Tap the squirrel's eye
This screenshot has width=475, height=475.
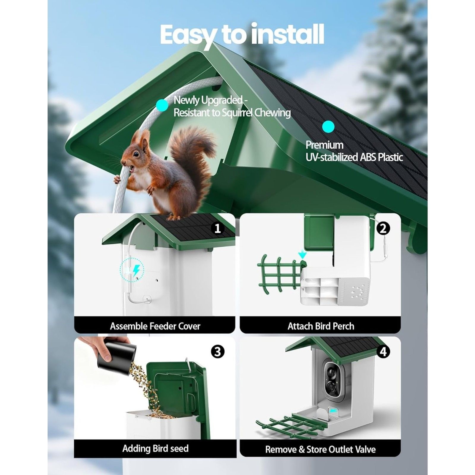click(x=136, y=154)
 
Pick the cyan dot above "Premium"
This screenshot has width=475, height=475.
click(x=328, y=126)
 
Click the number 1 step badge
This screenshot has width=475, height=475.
click(x=218, y=229)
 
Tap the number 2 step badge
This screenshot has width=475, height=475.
click(x=383, y=229)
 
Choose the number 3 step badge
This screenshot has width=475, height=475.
click(x=218, y=352)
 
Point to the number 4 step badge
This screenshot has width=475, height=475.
click(x=383, y=352)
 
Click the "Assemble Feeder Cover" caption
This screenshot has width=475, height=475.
click(x=155, y=326)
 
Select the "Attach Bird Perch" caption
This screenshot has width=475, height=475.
click(x=321, y=326)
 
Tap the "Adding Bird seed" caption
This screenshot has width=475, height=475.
click(x=155, y=449)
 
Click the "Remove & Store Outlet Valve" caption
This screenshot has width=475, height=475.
click(x=320, y=449)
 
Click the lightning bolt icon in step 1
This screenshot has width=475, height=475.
click(x=136, y=270)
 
